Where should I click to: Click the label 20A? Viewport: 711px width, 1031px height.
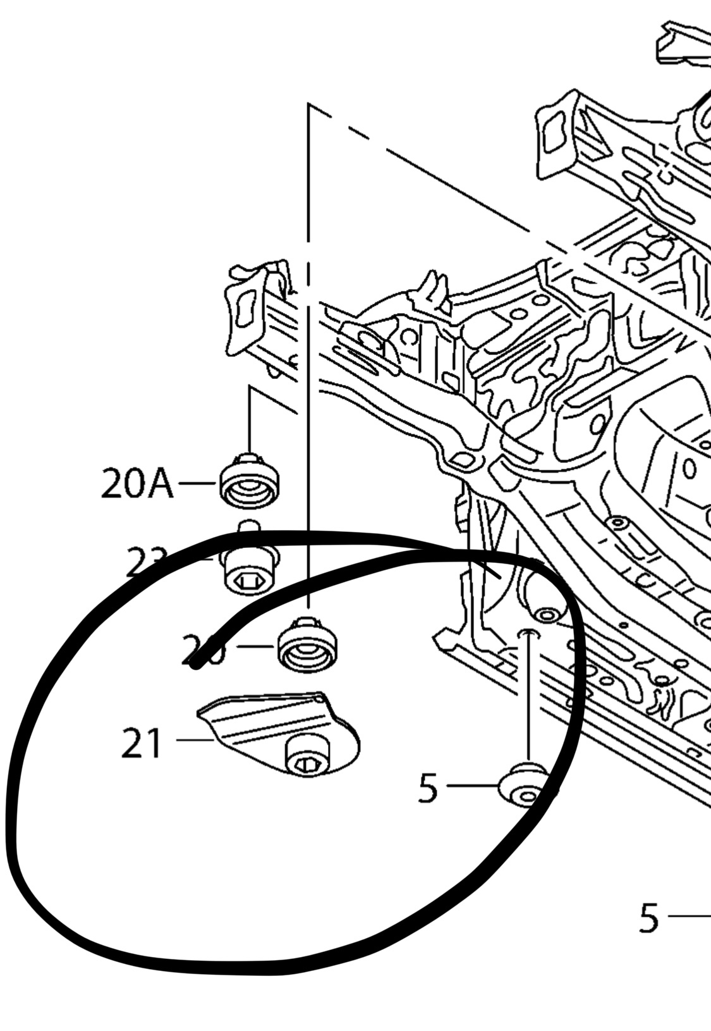point(137,485)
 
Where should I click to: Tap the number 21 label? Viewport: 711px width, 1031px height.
point(142,744)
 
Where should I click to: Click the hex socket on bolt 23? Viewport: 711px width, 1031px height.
point(245,580)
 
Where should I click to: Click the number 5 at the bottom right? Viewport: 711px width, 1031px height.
point(649,918)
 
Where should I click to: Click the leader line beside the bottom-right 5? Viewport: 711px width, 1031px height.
point(689,915)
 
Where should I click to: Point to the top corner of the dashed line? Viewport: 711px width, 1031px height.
point(309,106)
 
